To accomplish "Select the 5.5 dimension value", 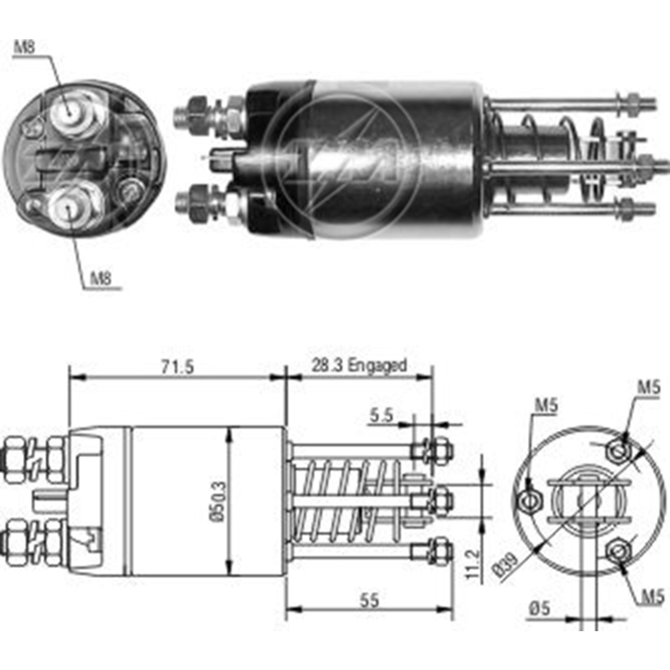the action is pos(381,415).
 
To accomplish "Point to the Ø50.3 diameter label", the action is pos(218,501).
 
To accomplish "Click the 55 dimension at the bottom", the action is pos(369,600).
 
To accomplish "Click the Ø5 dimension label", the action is pos(540,608).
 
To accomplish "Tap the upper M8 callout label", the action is pos(25,46).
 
